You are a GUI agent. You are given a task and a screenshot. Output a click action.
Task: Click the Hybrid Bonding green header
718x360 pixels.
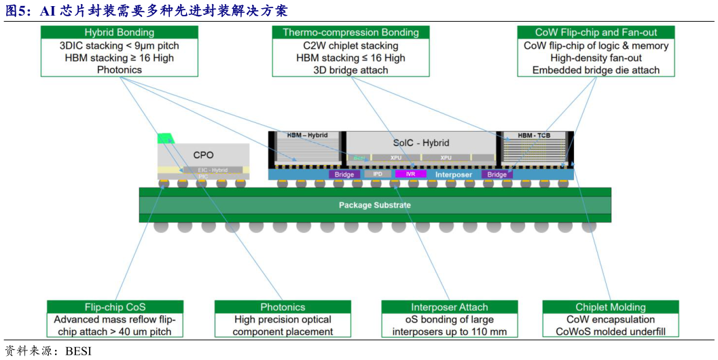pyautogui.click(x=120, y=32)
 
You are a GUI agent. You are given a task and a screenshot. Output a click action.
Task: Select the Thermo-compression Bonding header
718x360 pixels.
pyautogui.click(x=351, y=32)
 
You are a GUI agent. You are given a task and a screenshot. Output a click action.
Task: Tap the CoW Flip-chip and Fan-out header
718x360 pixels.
pyautogui.click(x=596, y=32)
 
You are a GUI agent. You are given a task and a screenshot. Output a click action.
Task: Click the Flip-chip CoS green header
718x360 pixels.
pyautogui.click(x=115, y=307)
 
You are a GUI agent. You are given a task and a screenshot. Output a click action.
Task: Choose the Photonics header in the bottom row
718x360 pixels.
pyautogui.click(x=283, y=307)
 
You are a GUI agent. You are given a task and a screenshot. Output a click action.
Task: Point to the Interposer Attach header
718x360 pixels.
pyautogui.click(x=449, y=307)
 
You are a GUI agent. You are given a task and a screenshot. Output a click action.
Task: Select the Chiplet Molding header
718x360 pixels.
pyautogui.click(x=610, y=307)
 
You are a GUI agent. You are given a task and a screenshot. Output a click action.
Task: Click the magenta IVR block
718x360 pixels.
pyautogui.click(x=410, y=175)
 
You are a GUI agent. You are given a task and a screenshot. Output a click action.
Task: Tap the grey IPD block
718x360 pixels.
pyautogui.click(x=378, y=175)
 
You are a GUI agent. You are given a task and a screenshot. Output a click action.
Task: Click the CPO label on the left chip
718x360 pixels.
pyautogui.click(x=203, y=155)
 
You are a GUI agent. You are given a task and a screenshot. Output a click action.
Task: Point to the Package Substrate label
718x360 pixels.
pyautogui.click(x=374, y=204)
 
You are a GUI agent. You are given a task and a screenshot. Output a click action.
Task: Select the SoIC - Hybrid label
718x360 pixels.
pyautogui.click(x=421, y=143)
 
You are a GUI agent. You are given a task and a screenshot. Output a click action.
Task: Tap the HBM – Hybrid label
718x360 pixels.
pyautogui.click(x=307, y=135)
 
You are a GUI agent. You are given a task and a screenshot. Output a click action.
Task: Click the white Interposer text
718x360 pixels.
pyautogui.click(x=454, y=175)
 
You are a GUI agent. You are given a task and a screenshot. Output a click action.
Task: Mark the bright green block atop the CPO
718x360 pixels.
pyautogui.click(x=165, y=139)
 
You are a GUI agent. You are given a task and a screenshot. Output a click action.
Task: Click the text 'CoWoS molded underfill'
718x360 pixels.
pyautogui.click(x=610, y=331)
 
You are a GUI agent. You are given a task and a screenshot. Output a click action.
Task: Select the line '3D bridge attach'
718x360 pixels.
pyautogui.click(x=351, y=70)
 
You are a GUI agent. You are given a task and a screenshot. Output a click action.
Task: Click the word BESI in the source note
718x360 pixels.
pyautogui.click(x=78, y=351)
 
